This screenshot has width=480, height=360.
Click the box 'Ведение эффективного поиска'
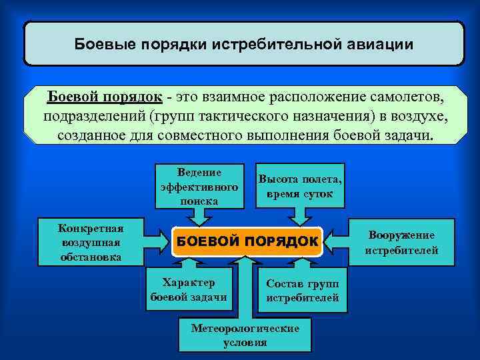pyautogui.click(x=189, y=186)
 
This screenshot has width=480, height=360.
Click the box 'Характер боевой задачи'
pyautogui.click(x=189, y=289)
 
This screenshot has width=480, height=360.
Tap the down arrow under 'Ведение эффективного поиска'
pyautogui.click(x=199, y=216)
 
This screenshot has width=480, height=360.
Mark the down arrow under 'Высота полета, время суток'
pyautogui.click(x=298, y=216)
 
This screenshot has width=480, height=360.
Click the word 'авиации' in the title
pyautogui.click(x=380, y=45)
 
